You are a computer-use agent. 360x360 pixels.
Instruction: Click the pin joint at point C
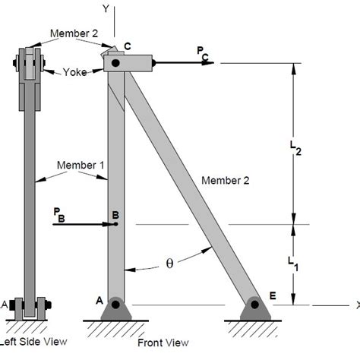point(115,63)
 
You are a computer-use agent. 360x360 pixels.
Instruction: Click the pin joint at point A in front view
point(115,305)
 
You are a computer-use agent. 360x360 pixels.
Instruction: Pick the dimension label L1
point(293,262)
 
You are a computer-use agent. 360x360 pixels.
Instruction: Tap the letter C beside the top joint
point(127,46)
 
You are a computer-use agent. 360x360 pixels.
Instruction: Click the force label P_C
point(201,52)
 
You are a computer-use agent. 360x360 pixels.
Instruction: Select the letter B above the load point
point(115,215)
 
